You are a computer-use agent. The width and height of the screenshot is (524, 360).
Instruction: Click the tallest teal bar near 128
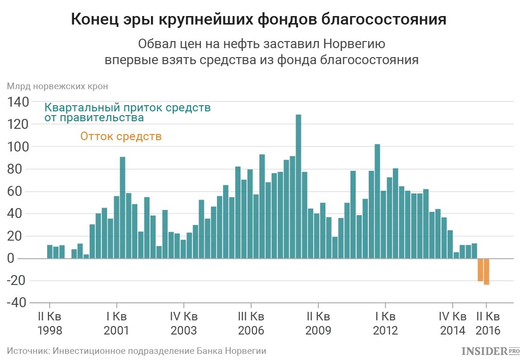[298, 186]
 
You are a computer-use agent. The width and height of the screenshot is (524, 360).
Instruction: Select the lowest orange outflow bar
[486, 271]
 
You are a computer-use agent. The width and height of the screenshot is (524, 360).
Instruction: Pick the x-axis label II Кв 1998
[50, 323]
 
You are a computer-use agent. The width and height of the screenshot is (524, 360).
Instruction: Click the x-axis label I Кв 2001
[116, 323]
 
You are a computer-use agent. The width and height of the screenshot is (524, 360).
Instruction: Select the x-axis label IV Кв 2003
[183, 323]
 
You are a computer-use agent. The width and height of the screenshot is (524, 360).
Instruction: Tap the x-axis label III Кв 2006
[251, 323]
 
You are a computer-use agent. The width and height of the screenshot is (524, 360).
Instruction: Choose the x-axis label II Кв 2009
[318, 323]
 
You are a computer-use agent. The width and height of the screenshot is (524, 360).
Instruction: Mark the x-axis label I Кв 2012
[385, 323]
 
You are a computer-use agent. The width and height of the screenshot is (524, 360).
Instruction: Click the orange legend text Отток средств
[121, 137]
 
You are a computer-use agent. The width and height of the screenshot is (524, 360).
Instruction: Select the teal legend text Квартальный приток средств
[127, 108]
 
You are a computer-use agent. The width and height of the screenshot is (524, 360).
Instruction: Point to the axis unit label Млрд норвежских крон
[57, 86]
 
